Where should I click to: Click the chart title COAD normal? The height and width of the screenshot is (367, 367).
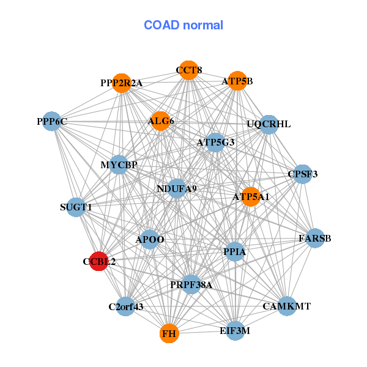click(x=183, y=26)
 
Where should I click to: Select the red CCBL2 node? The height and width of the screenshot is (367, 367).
click(x=99, y=261)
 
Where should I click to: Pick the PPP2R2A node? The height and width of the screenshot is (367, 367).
click(x=122, y=83)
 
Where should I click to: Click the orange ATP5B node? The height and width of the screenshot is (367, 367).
click(x=237, y=81)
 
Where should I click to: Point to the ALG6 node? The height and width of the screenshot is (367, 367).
click(x=160, y=121)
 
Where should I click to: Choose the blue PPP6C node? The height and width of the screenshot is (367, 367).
click(x=52, y=122)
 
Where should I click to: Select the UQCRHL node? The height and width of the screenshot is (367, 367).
click(x=269, y=124)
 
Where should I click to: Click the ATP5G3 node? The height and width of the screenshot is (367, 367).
click(x=215, y=143)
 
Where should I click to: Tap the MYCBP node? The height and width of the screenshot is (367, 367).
click(x=119, y=165)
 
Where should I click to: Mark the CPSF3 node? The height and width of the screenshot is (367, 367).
click(x=303, y=174)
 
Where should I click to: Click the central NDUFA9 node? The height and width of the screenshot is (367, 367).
click(x=177, y=188)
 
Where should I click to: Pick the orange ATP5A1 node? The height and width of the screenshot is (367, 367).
click(x=250, y=196)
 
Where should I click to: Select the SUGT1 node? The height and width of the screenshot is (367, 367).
click(x=76, y=207)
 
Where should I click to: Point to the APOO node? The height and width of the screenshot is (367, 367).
click(x=150, y=239)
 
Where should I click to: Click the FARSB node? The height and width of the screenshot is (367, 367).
click(x=315, y=238)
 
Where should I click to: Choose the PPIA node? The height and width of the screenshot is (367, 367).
click(x=235, y=251)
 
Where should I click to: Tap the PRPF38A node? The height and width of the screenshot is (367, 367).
click(x=191, y=284)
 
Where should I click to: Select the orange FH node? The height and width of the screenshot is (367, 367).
click(x=169, y=334)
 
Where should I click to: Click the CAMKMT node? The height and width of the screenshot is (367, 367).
click(x=287, y=305)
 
